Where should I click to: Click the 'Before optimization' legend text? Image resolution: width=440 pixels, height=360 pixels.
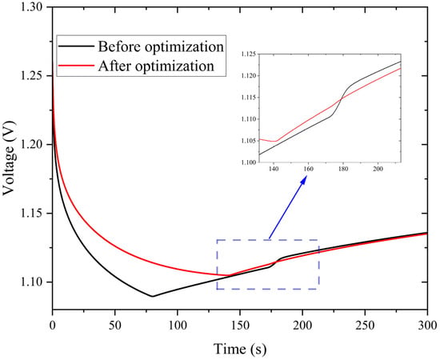click(161, 46)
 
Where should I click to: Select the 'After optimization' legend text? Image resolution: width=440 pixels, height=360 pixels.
click(156, 66)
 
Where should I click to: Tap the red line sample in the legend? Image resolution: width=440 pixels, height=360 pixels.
click(76, 66)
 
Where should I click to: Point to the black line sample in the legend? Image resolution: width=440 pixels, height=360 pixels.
click(76, 46)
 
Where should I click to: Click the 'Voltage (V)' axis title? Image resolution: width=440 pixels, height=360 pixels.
click(8, 158)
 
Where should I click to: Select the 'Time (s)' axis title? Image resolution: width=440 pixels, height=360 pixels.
click(240, 349)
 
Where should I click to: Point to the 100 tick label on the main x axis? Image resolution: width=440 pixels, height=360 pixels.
click(178, 326)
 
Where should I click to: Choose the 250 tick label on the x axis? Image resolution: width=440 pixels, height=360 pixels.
click(365, 326)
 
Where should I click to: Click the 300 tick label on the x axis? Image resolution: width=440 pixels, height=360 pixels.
click(428, 326)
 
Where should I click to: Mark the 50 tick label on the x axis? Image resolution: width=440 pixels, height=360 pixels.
click(114, 326)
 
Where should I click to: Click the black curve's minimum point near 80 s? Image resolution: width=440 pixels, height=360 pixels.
click(152, 296)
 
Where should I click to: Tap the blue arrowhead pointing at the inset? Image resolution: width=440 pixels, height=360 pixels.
click(303, 180)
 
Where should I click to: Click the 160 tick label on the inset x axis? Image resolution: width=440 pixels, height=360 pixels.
click(308, 169)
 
